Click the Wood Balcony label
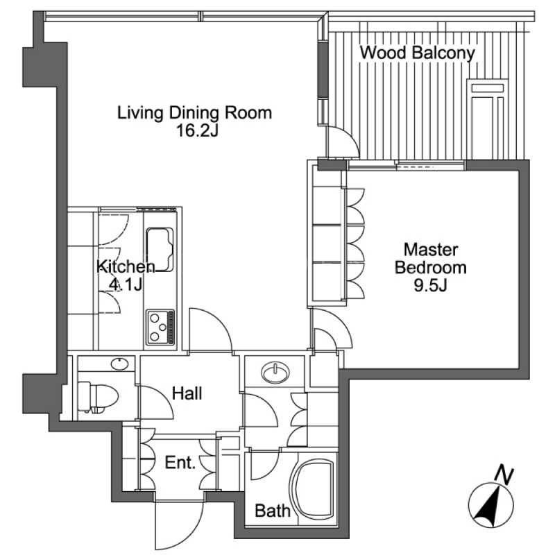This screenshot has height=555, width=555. click(x=418, y=53)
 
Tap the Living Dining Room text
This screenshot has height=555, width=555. click(x=194, y=113)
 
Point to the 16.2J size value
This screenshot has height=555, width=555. click(x=197, y=131)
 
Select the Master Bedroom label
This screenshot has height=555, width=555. click(x=430, y=258)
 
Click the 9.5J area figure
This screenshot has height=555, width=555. click(x=430, y=285)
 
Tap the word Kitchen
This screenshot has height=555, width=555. click(x=126, y=266)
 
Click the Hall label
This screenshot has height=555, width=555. click(x=187, y=393)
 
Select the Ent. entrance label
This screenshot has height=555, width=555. click(x=180, y=463)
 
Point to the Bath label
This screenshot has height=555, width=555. click(x=273, y=511)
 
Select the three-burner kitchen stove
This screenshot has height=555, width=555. click(x=161, y=327)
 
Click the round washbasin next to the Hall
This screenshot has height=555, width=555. click(x=275, y=372)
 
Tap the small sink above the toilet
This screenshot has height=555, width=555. click(x=119, y=364)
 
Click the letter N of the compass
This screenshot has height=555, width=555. click(x=504, y=475)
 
